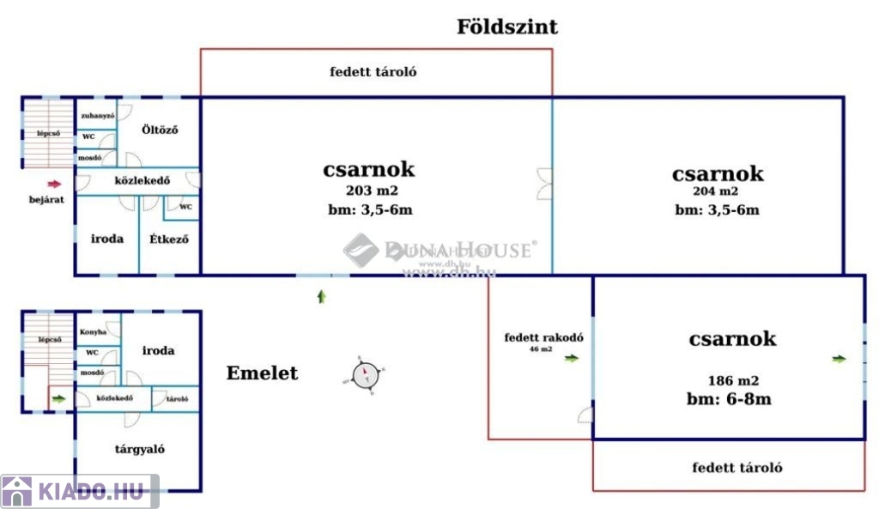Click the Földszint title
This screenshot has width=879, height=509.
[x=506, y=27]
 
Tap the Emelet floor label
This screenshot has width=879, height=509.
[x=262, y=373]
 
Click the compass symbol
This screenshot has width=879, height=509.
[x=366, y=374]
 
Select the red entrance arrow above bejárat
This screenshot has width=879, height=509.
[x=54, y=183]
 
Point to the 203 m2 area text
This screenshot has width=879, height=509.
[x=372, y=191]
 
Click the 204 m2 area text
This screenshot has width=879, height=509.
[x=717, y=191]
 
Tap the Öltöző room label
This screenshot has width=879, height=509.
[x=160, y=130]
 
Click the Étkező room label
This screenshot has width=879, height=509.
[x=169, y=239]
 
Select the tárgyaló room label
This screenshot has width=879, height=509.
[x=140, y=449]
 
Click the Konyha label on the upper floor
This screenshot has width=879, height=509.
[x=93, y=331]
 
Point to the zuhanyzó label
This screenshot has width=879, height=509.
[x=97, y=115]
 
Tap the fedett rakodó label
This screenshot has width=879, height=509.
[x=543, y=337]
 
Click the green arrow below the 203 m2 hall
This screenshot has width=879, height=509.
[x=322, y=296]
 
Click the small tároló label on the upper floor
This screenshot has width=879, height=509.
[x=177, y=398]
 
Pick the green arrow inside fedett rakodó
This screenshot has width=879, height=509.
[x=571, y=359]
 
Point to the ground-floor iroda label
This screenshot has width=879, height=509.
[x=107, y=239]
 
